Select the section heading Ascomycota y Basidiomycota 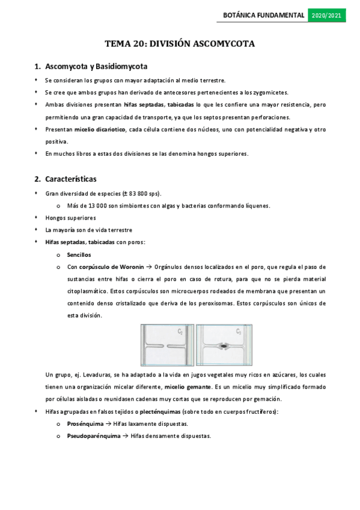[x=97, y=66]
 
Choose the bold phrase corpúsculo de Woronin [x=112, y=266]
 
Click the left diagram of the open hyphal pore [x=166, y=345]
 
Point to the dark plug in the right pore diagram [x=223, y=346]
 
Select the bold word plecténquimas [x=153, y=411]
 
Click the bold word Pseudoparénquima [x=93, y=435]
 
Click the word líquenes [x=257, y=205]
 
